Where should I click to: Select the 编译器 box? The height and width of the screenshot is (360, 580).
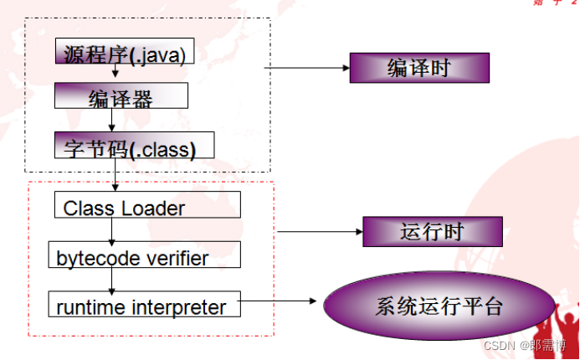(121, 96)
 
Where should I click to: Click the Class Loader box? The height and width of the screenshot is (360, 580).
(146, 205)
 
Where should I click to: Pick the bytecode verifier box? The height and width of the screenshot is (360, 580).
(145, 255)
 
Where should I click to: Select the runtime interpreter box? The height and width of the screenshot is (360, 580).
(145, 304)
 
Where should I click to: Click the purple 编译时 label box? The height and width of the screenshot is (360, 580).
(418, 68)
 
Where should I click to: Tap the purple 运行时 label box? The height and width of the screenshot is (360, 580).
(432, 232)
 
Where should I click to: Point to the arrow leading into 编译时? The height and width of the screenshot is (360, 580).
(305, 68)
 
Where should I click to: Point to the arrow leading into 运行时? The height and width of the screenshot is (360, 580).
(318, 231)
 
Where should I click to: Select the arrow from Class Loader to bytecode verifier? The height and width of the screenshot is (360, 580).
(111, 230)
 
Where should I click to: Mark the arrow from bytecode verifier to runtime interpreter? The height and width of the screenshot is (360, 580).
(111, 280)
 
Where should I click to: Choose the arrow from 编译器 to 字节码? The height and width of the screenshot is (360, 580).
(111, 121)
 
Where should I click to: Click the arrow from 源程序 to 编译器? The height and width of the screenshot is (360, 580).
(115, 74)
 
